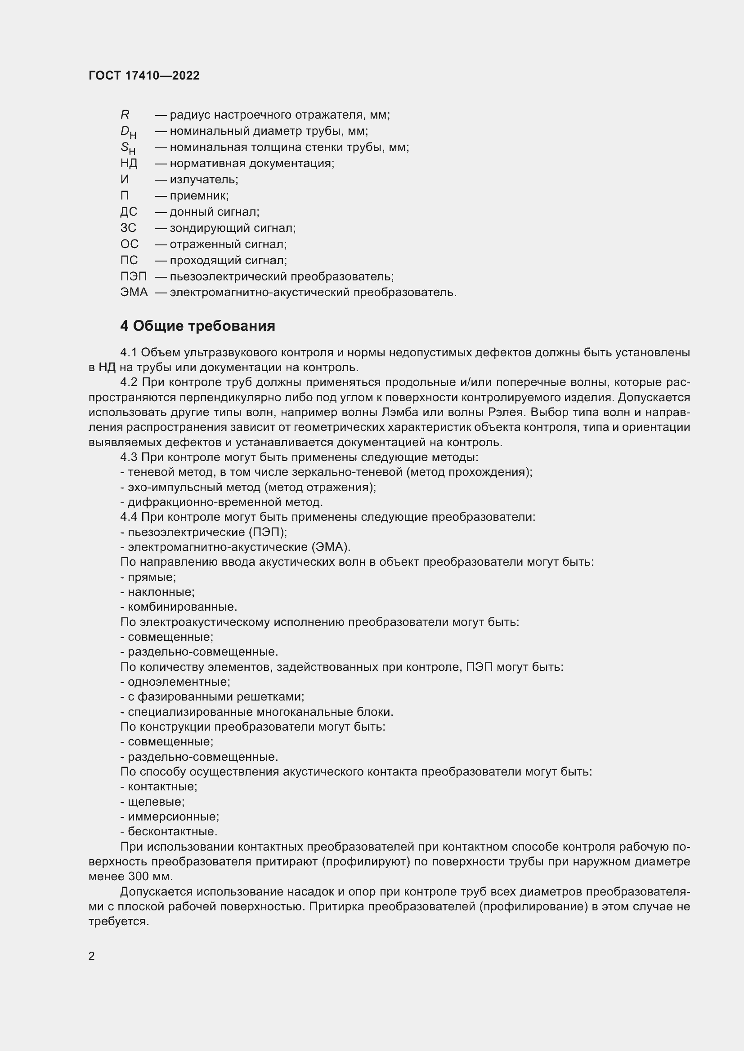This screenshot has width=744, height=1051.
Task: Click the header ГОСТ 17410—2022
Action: tap(144, 75)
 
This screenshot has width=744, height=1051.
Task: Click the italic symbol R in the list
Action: tap(125, 115)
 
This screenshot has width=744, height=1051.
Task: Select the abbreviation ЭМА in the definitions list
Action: tap(134, 292)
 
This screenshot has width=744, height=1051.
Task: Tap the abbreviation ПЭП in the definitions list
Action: tap(133, 276)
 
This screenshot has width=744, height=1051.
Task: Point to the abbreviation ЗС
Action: tap(128, 227)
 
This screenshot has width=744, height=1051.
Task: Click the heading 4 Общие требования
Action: tap(197, 325)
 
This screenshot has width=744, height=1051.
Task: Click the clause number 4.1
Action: tap(129, 352)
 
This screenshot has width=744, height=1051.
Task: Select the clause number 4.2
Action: tap(129, 382)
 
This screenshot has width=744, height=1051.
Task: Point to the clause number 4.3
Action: tap(129, 457)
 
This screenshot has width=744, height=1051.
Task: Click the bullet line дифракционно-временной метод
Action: tap(222, 502)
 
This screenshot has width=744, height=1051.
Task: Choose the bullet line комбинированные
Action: tap(179, 607)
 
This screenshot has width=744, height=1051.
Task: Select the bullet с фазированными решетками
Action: tap(213, 697)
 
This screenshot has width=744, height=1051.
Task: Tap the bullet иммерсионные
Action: tap(170, 816)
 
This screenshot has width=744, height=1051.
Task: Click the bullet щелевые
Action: tap(152, 802)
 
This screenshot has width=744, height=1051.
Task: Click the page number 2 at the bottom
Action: tap(92, 956)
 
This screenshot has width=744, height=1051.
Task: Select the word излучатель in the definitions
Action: tap(203, 179)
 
